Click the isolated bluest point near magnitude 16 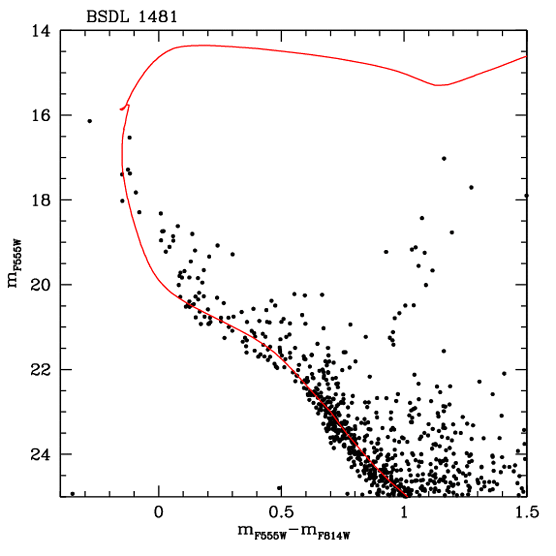tap(90, 121)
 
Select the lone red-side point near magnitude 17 tap(444, 159)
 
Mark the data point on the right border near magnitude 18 tap(526, 195)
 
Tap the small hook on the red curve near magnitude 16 tap(126, 106)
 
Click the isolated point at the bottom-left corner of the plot tap(72, 494)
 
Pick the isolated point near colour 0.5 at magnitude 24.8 tap(280, 488)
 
